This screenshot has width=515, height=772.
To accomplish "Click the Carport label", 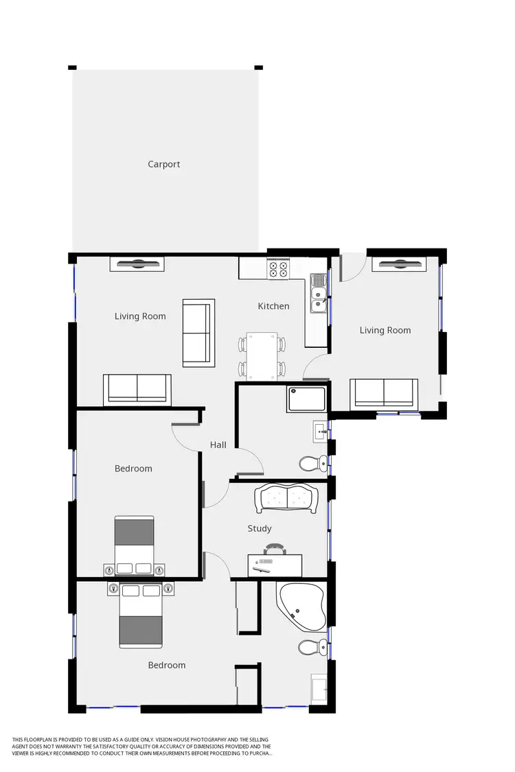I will click(164, 164).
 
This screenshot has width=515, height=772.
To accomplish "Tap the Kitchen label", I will click(273, 306).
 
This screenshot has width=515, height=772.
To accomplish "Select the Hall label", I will click(218, 445).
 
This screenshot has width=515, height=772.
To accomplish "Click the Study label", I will click(260, 528).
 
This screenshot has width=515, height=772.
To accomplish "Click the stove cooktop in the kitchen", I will click(278, 269).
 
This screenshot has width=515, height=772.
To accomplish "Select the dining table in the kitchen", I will click(262, 355).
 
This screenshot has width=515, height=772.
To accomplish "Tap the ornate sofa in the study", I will click(286, 499).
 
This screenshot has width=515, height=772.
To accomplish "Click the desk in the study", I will click(275, 565).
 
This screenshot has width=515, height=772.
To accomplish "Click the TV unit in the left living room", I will click(135, 263).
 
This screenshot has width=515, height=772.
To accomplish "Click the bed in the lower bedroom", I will click(141, 616).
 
